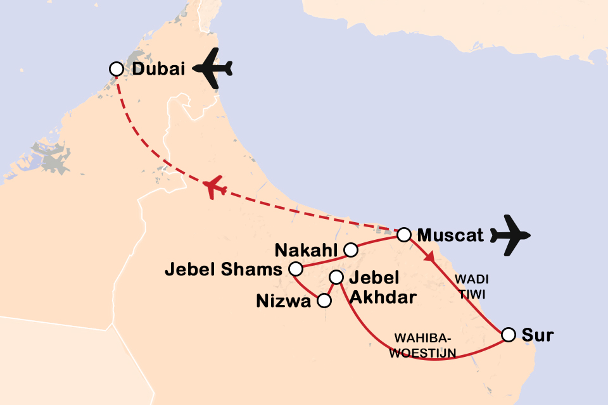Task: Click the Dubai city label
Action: [x=158, y=69]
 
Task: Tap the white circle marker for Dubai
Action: [x=116, y=68]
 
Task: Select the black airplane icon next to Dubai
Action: [x=213, y=68]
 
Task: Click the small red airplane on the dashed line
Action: [x=216, y=187]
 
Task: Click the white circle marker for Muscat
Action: [x=403, y=235]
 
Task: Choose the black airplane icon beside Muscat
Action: [x=511, y=236]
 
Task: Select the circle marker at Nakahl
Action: [x=350, y=251]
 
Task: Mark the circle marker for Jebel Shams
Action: [x=294, y=270]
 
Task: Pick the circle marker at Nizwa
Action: [x=324, y=301]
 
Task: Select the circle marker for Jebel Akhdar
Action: [x=336, y=277]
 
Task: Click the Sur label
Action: [x=537, y=335]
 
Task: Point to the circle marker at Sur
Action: [x=508, y=334]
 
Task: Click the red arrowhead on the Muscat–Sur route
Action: [x=430, y=258]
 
